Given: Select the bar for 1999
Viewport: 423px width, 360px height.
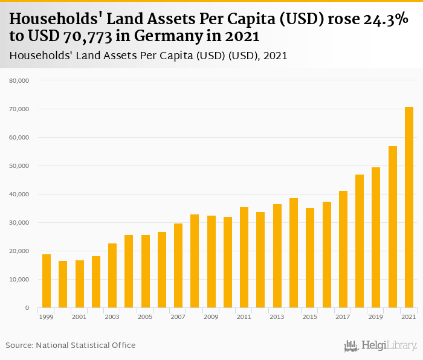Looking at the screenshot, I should pos(47,281).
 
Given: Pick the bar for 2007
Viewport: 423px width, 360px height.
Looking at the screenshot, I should pos(178,266).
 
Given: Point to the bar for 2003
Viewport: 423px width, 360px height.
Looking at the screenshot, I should pos(112,275).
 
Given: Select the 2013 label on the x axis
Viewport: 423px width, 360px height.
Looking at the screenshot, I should pos(277,317).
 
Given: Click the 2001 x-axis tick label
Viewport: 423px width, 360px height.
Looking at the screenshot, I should pos(79,317).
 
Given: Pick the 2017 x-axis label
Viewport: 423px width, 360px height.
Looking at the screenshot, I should pos(343,317).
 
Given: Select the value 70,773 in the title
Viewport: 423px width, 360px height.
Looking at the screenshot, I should pos(85,37).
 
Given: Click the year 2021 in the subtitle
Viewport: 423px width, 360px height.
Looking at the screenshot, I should pos(276,56).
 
